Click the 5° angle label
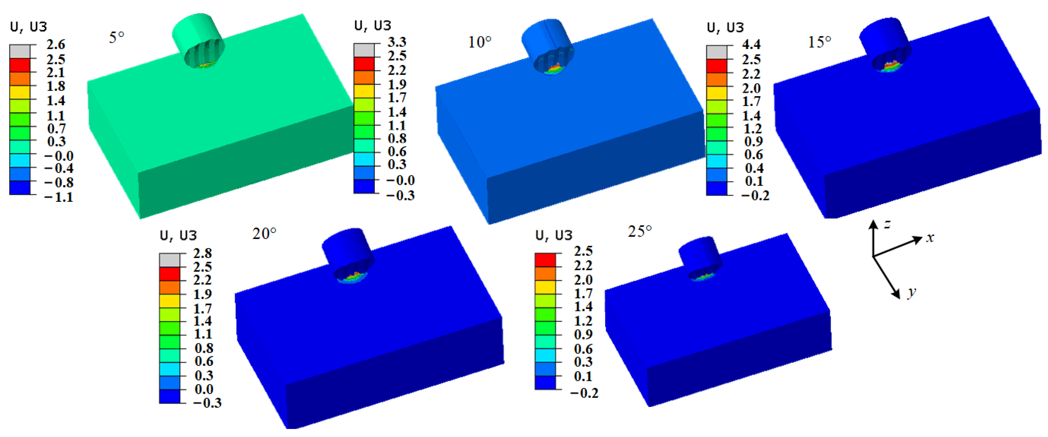[116, 37]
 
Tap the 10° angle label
[479, 42]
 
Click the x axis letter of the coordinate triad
[930, 237]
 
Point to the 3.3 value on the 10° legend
[397, 42]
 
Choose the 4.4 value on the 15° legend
[751, 44]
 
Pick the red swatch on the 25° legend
[545, 260]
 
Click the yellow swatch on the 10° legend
[364, 91]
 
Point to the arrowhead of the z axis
[873, 223]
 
